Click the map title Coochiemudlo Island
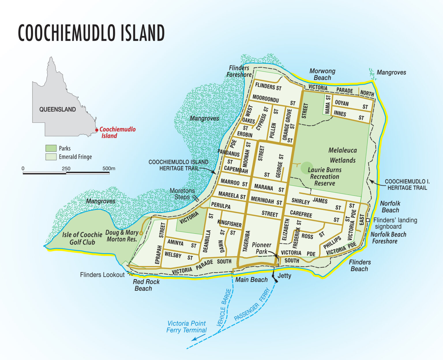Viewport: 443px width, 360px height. [91, 33]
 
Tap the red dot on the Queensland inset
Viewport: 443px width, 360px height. [97, 130]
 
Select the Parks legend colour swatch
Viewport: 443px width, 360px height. [51, 148]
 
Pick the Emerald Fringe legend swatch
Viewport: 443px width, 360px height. [51, 157]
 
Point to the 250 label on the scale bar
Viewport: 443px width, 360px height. [66, 169]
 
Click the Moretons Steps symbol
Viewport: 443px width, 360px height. [196, 198]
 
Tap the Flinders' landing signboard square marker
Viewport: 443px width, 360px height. [368, 220]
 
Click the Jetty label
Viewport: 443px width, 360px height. [284, 276]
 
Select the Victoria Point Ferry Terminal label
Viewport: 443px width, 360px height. [187, 327]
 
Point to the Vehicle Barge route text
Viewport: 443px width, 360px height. [224, 308]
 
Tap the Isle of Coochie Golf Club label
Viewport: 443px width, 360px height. [82, 238]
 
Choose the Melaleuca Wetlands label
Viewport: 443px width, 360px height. [343, 155]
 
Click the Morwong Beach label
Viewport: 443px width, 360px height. [322, 74]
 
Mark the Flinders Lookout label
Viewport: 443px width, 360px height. [102, 275]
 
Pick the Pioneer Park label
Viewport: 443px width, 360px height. [261, 248]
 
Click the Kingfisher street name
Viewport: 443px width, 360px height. [229, 224]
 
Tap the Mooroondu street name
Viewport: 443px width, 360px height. [266, 99]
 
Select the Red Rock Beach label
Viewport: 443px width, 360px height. [146, 285]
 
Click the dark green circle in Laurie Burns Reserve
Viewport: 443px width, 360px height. [306, 168]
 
